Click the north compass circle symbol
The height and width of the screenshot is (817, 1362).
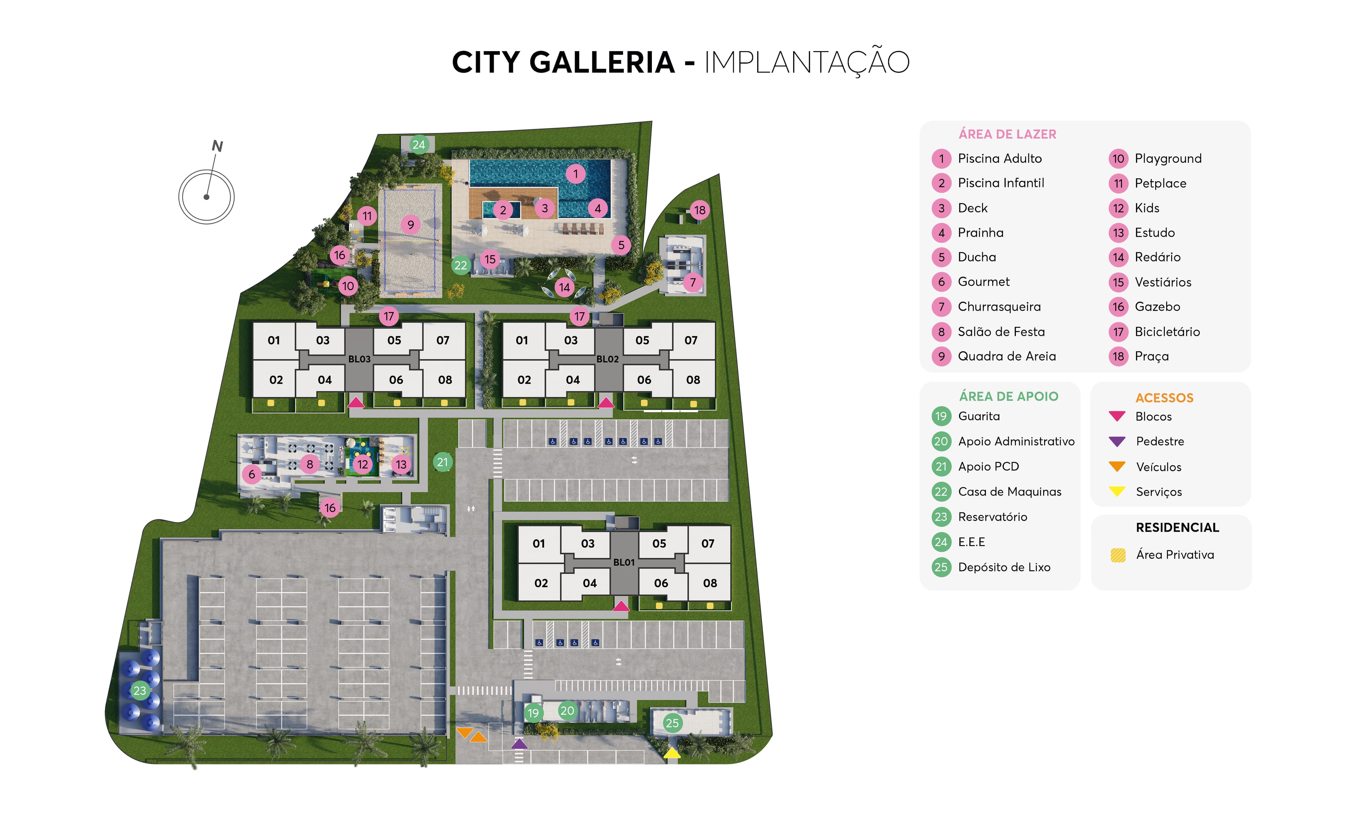pos(206,196)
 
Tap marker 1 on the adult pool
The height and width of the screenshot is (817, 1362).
pos(575,174)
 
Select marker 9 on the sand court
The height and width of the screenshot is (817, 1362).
pos(410,224)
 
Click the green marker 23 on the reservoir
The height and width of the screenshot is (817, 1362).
pos(140,690)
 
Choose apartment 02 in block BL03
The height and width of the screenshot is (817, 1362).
pos(276,380)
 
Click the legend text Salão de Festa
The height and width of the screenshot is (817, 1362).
pos(1001,332)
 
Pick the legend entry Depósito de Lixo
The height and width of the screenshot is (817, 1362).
pos(1004,567)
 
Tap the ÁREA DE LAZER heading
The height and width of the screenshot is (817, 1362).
pos(1007,134)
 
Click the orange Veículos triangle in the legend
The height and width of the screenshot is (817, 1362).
pos(1117,466)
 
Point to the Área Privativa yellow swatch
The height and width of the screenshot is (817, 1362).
pos(1118,555)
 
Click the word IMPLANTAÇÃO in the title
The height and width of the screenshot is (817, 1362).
pos(807,62)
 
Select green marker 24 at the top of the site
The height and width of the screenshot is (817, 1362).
pos(419,144)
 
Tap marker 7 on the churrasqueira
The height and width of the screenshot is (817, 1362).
pos(693,282)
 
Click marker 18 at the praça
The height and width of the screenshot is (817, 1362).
pos(699,210)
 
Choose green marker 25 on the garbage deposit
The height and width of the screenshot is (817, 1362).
pos(672,723)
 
